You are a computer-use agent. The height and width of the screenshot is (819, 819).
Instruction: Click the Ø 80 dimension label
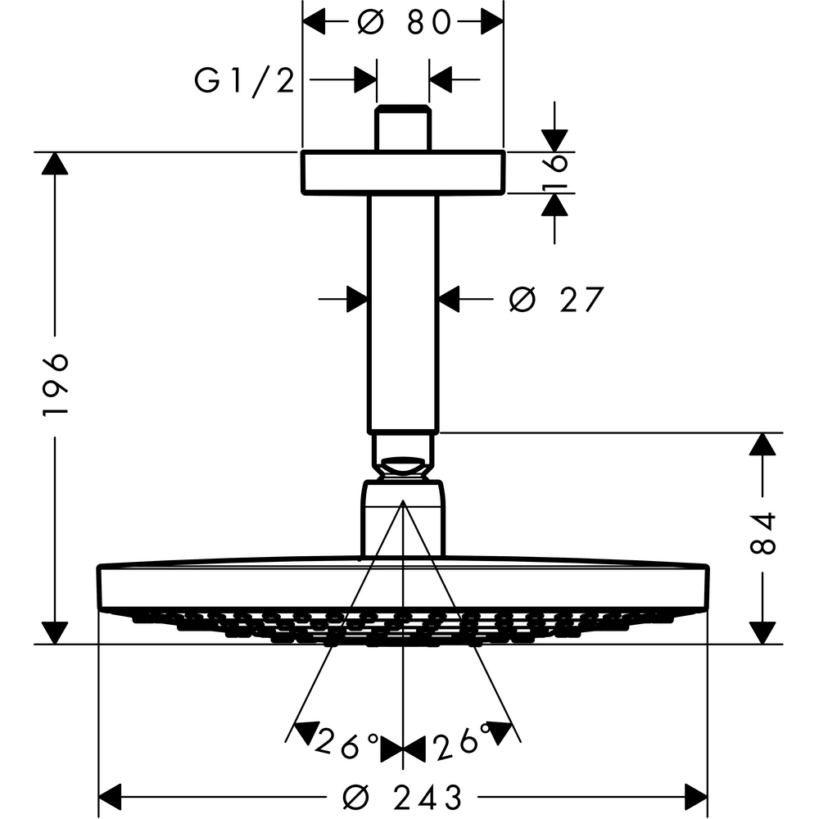coord(405,24)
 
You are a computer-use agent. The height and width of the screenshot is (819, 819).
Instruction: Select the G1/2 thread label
coord(244,80)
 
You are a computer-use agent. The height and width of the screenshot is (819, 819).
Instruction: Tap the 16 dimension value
coord(556,172)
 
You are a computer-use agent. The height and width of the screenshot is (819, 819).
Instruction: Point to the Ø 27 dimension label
coord(555,301)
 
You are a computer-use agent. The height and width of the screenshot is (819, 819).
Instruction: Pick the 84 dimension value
coord(762,535)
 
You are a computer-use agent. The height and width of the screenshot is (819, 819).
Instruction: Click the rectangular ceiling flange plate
coord(402,173)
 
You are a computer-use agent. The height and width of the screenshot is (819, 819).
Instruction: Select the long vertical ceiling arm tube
coord(402,311)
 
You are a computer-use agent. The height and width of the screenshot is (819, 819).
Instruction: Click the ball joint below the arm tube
coord(402,467)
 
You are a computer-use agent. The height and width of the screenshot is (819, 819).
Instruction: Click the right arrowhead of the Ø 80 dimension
coord(491,23)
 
